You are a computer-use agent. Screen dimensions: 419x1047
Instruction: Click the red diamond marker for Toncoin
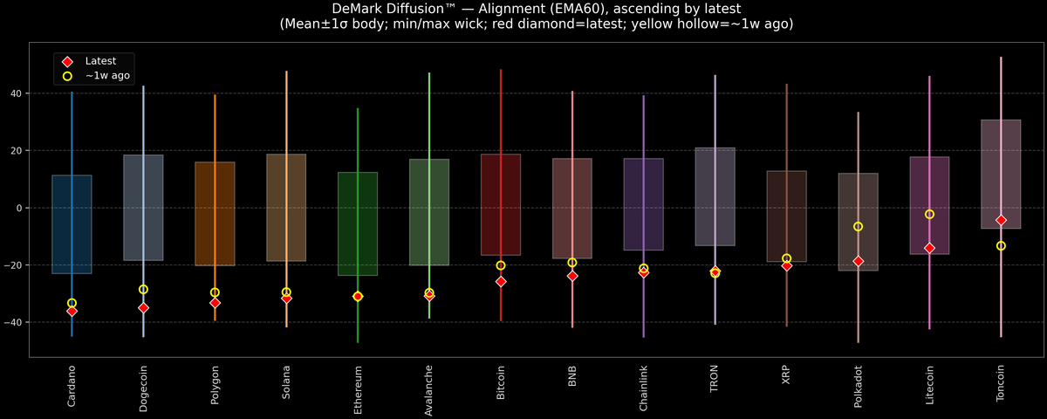coord(1001,220)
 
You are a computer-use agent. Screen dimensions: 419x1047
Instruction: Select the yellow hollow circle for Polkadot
coord(858,226)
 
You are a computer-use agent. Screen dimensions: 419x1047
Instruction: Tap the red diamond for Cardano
coord(72,311)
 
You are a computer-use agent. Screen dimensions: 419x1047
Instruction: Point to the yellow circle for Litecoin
coord(929,214)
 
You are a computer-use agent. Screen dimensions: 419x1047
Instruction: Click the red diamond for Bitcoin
coord(501,281)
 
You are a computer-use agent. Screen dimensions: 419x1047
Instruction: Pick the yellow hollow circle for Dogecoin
coord(143,289)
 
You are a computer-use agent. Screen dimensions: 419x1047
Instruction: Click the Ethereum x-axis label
coord(358,389)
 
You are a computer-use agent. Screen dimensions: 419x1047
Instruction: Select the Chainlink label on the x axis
coord(644,388)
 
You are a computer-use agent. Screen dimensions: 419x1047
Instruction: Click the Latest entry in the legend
coord(99,61)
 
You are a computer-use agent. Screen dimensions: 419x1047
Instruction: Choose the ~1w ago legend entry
coord(106,76)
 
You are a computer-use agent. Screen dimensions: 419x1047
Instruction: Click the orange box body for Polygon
coord(215,213)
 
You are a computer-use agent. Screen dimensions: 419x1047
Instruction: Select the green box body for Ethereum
coord(358,223)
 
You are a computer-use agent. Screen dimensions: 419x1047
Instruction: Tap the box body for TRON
coord(715,196)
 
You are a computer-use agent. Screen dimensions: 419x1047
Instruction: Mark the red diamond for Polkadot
coord(858,261)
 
